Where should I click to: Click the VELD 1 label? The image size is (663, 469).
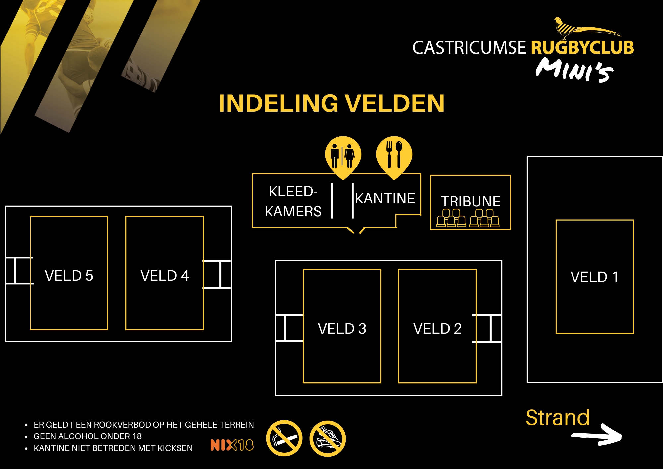coord(594,277)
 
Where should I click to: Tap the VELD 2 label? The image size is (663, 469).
coord(437,329)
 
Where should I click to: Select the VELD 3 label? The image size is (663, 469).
coord(342,329)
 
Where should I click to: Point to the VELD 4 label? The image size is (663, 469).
coord(164,276)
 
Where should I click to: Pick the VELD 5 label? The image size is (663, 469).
coord(69,276)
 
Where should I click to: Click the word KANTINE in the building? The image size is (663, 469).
coord(385,198)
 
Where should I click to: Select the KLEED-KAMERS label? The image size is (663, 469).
coord(293,201)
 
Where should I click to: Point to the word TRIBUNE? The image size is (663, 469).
coord(470,201)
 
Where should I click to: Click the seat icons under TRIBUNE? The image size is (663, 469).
coord(468,218)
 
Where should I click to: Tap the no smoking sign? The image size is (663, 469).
coord(284,438)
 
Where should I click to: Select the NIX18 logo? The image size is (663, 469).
coord(232,445)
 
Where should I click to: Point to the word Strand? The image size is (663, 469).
coord(558,417)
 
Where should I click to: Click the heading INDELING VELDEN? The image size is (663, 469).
coord(331,103)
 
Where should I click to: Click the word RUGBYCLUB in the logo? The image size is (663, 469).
coord(582,48)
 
